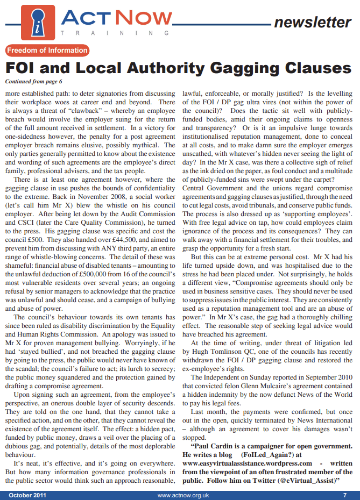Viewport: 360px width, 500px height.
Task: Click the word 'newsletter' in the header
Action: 312,23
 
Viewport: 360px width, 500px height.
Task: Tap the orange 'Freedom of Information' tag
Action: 47,51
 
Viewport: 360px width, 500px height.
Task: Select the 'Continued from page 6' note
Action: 33,82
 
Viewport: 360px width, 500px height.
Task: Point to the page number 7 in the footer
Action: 344,495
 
